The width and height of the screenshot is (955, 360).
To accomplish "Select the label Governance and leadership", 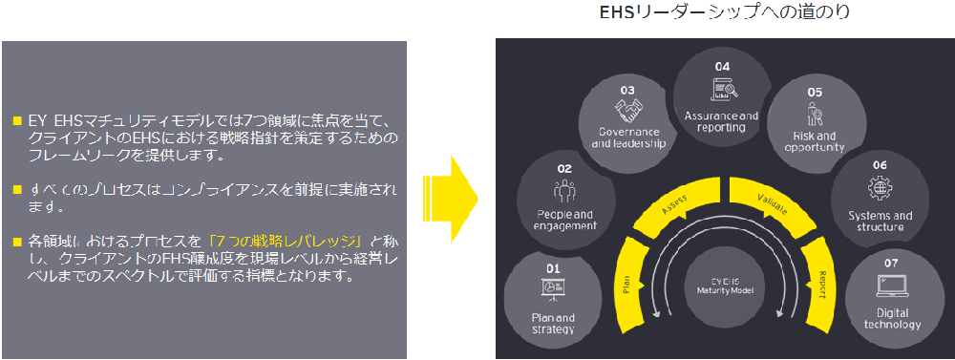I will (627, 138).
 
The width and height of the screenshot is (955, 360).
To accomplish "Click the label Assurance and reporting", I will (722, 121).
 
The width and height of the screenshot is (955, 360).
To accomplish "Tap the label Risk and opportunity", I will (814, 142).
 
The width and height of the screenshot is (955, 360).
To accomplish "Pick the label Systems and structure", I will (880, 222).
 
